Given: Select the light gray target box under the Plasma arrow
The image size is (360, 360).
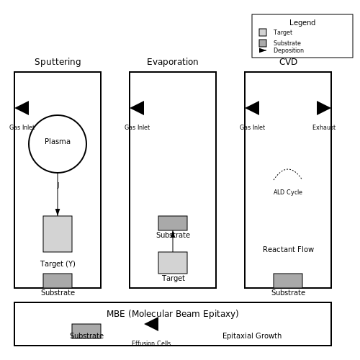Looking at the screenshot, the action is pos(58,234).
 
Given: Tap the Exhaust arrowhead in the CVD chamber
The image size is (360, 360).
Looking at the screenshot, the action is pos(324,108).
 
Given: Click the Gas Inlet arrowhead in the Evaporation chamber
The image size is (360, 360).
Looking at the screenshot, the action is pos(137,108).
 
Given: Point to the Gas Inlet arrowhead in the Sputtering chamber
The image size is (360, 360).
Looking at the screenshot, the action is pos(22,108).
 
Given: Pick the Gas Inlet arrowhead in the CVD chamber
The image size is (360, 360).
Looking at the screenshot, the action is pos(252,108).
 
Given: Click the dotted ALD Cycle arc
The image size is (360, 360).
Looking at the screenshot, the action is pos(287,169).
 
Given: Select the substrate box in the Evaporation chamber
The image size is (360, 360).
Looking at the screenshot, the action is pos(173,223).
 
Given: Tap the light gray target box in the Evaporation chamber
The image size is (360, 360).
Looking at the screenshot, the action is pos(173,263).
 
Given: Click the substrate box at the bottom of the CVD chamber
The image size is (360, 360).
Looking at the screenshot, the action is pos(288,281).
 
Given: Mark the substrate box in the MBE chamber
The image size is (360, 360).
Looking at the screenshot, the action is pos(86,331).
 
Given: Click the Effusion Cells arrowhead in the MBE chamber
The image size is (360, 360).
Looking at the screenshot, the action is pos(151,324).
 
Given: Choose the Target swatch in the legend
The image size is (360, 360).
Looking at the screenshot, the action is pos(263,32).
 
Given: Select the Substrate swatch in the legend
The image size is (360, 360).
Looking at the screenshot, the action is pos(263,43).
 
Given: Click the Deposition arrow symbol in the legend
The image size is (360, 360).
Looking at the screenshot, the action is pos(263,50).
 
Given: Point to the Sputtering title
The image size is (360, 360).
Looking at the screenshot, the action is pos(58,62).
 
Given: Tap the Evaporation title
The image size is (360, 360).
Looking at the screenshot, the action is pos(173,62).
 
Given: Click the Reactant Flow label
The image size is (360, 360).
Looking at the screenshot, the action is pos(288,249).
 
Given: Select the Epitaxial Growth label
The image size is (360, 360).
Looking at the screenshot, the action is pos(252,336).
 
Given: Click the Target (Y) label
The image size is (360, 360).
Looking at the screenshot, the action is pos(58,264).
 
